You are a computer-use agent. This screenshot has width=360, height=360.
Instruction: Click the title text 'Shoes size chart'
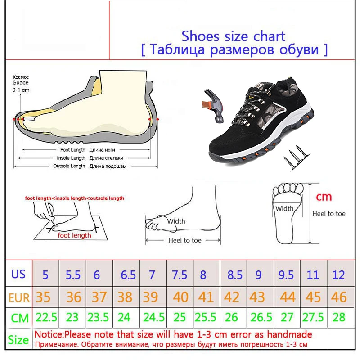tap(233, 36)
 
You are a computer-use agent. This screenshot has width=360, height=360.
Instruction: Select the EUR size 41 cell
tap(206, 297)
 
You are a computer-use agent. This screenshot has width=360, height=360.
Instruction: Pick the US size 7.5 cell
tap(179, 274)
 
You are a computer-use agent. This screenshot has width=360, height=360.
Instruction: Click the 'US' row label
tap(18, 274)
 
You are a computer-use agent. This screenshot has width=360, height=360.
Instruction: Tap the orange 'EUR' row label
tap(19, 297)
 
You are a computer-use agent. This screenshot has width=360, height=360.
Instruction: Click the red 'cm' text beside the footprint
tap(324, 197)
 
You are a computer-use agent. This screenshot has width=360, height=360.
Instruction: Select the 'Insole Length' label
tap(71, 158)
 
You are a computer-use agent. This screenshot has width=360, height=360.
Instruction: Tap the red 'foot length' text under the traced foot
tap(74, 235)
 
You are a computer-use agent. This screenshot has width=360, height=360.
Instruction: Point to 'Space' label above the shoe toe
tap(20, 83)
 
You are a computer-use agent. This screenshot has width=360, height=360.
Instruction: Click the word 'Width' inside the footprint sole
tap(284, 208)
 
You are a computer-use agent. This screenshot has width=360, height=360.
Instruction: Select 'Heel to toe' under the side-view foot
tap(184, 240)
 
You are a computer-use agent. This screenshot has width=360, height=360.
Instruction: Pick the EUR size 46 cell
tap(338, 297)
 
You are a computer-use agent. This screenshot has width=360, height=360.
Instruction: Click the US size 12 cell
tap(338, 274)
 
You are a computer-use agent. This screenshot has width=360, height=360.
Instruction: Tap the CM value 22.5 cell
tap(46, 318)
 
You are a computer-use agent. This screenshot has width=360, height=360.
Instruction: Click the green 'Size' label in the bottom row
tap(18, 340)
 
